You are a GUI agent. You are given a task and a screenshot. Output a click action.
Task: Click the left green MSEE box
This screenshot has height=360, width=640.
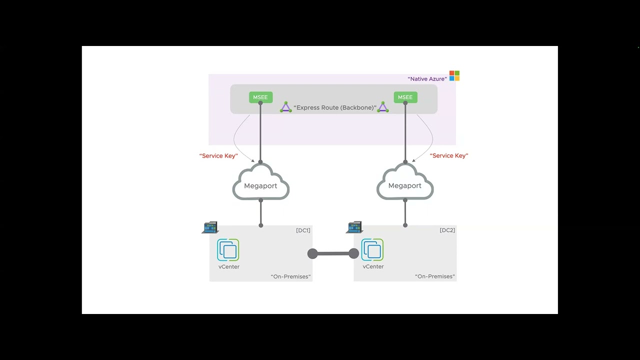[260, 97]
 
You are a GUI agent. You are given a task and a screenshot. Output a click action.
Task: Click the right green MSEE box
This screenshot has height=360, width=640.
[405, 97]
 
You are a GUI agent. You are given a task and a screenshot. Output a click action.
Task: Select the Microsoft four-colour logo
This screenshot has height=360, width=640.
[454, 75]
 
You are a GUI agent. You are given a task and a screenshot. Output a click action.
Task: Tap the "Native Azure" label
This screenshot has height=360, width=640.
[427, 79]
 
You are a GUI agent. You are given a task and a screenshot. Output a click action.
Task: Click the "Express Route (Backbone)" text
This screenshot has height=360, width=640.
[334, 107]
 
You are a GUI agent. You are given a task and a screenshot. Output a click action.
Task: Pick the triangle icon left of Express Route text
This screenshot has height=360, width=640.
[285, 107]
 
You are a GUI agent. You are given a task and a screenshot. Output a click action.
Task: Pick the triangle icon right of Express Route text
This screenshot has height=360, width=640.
[382, 107]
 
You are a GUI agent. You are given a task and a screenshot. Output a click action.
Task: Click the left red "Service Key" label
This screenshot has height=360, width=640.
[218, 155]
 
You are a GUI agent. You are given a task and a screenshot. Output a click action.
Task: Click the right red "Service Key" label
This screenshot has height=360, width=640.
[449, 155]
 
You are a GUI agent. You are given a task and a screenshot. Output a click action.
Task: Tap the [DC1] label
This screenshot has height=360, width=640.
[303, 230]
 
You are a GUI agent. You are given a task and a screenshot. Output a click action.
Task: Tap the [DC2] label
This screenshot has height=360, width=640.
[447, 230]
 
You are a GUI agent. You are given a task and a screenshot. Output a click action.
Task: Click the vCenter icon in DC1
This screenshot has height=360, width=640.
[228, 250]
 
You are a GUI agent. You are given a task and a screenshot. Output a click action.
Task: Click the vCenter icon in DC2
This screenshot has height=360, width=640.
[372, 250]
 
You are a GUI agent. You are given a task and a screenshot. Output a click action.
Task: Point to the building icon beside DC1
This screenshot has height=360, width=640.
[210, 227]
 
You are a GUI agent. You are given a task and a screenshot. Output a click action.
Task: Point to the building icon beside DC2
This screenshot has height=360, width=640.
[354, 227]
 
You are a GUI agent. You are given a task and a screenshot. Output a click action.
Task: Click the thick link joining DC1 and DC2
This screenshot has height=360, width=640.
[333, 253]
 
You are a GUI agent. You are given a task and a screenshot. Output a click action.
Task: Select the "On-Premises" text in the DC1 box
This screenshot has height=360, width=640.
[290, 276]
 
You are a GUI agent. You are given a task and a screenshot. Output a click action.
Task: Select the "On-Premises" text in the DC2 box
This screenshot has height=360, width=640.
[435, 276]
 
